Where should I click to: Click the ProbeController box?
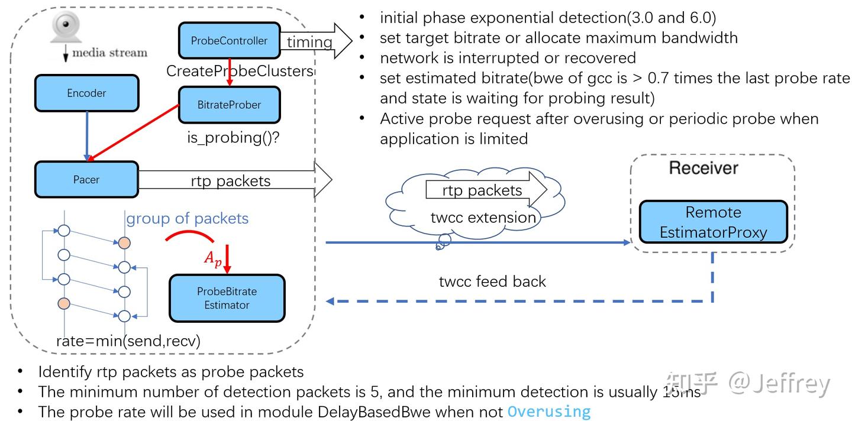pos(229,41)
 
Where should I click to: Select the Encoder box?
pos(86,93)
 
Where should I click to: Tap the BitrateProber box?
pos(229,105)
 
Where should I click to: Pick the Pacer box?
pos(86,179)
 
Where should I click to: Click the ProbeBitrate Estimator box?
pos(227,298)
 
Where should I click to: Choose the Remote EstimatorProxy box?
pos(713,222)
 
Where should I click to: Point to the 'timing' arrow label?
pos(309,42)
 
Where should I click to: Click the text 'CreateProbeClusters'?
pos(240,71)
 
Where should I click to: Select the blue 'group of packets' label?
pos(187,218)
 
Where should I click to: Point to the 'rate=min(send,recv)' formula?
pos(128,341)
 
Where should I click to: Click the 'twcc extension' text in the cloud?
pos(483,217)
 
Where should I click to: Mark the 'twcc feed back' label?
pos(492,281)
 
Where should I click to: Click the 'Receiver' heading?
pos(703,167)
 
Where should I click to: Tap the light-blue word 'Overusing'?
pos(549,412)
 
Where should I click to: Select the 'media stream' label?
pos(109,53)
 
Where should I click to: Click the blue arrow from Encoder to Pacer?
pos(87,135)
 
